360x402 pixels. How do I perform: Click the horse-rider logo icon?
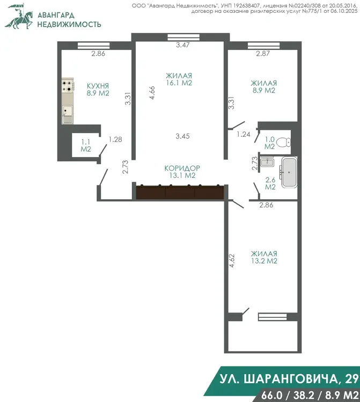tap(19, 17)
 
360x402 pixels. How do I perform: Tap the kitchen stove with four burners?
tap(68, 86)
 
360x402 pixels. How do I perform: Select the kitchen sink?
tap(68, 114)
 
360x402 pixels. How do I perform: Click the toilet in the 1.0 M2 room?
tap(285, 142)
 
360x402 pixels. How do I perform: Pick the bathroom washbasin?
tap(267, 162)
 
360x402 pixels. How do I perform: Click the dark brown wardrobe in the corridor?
tap(180, 192)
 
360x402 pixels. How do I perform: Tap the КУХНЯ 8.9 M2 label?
tap(98, 89)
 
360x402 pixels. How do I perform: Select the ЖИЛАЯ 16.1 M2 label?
tap(179, 79)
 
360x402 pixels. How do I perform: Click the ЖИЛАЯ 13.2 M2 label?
tap(264, 257)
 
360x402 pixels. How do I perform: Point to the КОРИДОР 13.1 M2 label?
tap(182, 172)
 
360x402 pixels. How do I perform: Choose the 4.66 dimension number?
tap(152, 93)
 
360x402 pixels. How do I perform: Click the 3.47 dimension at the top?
tap(183, 45)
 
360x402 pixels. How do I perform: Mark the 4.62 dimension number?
tap(232, 260)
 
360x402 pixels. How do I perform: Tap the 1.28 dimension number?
tap(115, 139)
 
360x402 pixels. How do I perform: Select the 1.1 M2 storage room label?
tap(86, 145)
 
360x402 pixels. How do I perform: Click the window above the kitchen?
tap(94, 46)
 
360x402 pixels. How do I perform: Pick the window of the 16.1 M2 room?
tap(183, 37)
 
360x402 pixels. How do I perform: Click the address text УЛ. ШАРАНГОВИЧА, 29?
tap(289, 378)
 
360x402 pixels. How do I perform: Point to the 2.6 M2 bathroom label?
tap(270, 183)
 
